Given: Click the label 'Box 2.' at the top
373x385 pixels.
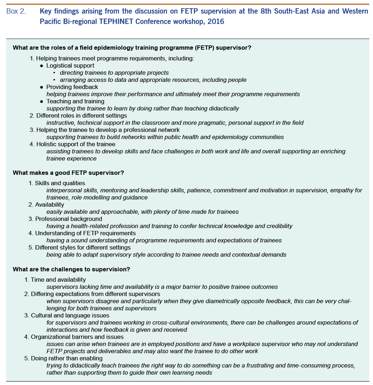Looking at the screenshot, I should point(16,11).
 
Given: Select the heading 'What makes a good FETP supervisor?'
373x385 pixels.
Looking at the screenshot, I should point(68,173).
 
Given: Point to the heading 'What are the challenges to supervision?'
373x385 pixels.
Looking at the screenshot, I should point(71,269).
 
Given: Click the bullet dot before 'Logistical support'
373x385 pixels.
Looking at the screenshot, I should point(41,66).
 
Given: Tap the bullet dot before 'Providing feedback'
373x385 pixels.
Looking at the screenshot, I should point(41,87).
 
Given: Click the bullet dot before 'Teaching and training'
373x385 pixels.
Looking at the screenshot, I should point(41,102).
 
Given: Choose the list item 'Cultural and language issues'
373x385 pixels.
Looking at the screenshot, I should point(70,315).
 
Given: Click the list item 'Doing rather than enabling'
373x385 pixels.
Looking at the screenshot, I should point(67,358).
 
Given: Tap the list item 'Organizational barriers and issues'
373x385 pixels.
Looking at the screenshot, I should point(77,337).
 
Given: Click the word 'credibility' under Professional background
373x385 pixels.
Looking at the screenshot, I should point(278,226).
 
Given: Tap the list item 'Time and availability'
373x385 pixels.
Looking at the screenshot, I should point(58,280).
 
